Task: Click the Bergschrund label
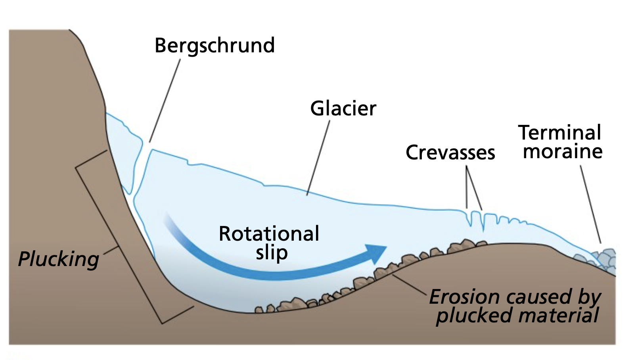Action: click(x=215, y=46)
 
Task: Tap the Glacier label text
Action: click(x=343, y=109)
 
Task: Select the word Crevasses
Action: click(x=450, y=153)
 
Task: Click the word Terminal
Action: click(x=560, y=132)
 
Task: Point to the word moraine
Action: click(x=563, y=151)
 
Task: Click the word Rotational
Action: click(x=269, y=234)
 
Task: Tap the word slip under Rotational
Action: click(x=272, y=253)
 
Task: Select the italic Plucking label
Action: click(x=59, y=259)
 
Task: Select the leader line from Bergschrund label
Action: click(x=165, y=101)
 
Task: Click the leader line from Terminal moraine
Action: click(x=590, y=204)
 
